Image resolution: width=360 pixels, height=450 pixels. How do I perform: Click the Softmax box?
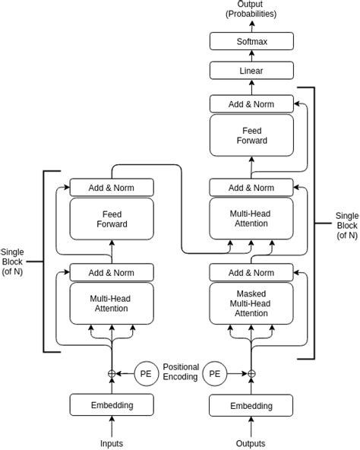[x=251, y=42]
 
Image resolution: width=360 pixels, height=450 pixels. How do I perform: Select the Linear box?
[x=251, y=71]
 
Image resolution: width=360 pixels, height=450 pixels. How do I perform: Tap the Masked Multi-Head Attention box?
[x=251, y=303]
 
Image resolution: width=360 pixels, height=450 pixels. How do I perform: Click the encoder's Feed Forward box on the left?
[x=112, y=219]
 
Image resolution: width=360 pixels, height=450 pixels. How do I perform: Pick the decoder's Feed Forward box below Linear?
[x=251, y=136]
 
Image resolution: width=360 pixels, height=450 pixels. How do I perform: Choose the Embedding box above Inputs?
[x=112, y=405]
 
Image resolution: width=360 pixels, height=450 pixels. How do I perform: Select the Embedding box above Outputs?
[x=251, y=405]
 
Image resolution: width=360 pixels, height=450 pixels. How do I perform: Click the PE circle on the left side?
[x=147, y=373]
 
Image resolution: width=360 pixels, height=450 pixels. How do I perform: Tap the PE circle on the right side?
[x=216, y=373]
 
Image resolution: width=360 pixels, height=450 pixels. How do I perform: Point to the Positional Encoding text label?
[x=181, y=371]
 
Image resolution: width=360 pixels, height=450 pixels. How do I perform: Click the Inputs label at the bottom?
[x=112, y=442]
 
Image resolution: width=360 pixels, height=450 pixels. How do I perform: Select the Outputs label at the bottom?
[x=251, y=442]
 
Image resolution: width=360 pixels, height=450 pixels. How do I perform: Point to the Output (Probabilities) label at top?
[x=251, y=9]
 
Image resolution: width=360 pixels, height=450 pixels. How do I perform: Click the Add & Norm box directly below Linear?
[x=251, y=103]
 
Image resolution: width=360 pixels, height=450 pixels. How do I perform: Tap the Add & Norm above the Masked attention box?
[x=251, y=272]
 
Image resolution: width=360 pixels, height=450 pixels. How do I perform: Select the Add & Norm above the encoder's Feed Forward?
[x=112, y=187]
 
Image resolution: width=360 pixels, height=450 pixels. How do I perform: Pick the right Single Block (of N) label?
[x=346, y=225]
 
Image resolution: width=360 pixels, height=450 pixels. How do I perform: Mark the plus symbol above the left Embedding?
[x=112, y=373]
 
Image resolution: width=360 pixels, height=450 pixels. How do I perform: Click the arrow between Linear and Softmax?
[x=251, y=57]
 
